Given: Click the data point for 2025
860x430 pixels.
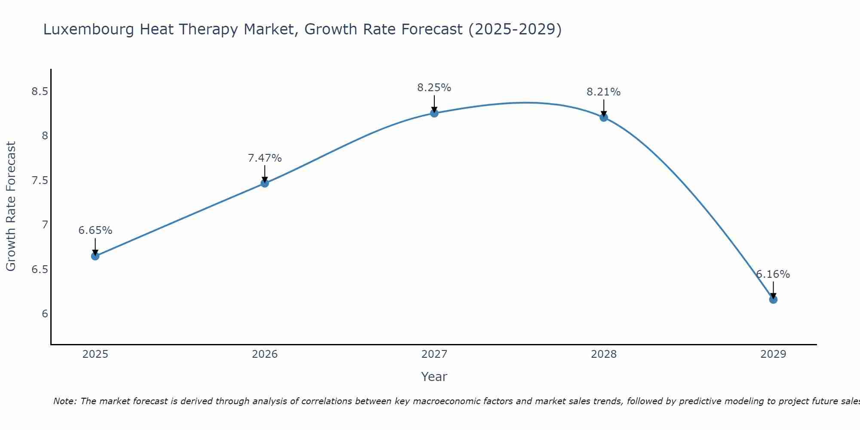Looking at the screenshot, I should click(95, 256).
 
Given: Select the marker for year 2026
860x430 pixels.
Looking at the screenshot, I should click(264, 183).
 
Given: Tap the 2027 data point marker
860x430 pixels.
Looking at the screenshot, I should click(434, 113).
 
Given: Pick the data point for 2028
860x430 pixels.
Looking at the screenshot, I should click(603, 117).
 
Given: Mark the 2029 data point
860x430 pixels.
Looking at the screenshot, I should click(773, 299).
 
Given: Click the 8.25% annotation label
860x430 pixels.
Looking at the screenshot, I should click(434, 88).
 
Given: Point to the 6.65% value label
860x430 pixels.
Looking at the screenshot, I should click(95, 230).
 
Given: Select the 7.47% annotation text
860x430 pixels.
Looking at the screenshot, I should click(264, 158).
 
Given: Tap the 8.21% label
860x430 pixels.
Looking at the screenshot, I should click(603, 92).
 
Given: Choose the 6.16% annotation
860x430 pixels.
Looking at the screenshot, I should click(773, 274).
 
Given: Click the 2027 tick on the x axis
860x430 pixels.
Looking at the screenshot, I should click(434, 354).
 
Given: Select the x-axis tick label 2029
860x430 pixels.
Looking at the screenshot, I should click(773, 354).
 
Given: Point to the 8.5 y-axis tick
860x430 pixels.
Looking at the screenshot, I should click(40, 92).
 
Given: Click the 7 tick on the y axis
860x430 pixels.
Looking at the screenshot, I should click(45, 225).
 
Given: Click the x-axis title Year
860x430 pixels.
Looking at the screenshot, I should click(434, 377).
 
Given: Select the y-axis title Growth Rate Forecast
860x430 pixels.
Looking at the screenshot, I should click(11, 206).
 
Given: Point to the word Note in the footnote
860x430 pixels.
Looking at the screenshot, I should click(64, 401).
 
